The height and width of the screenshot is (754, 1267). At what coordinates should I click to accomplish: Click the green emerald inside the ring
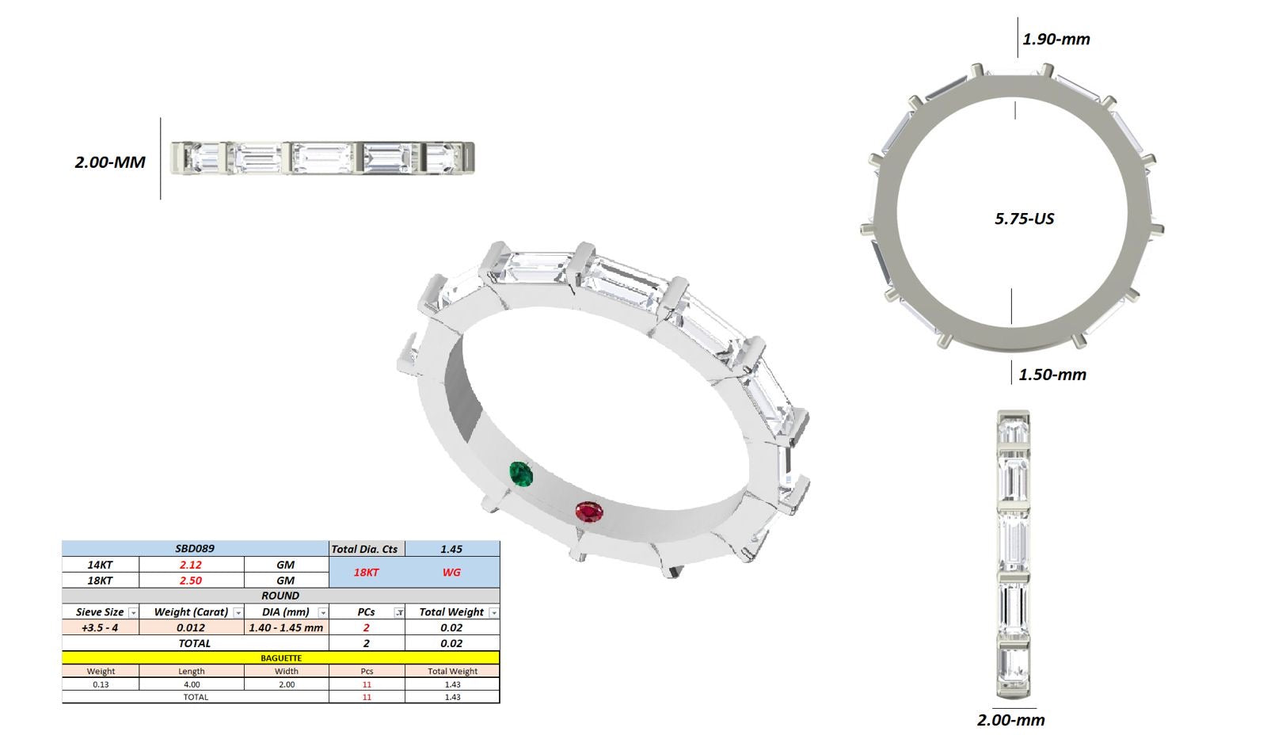click(521, 474)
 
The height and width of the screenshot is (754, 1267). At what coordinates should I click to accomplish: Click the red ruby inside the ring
click(589, 512)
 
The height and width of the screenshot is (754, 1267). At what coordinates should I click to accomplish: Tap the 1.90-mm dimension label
click(1056, 39)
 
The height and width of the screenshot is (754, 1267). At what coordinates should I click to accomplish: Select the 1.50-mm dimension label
click(1052, 375)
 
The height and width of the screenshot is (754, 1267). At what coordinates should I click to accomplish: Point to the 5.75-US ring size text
click(1025, 219)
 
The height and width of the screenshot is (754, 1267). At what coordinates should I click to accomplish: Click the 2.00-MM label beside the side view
click(110, 162)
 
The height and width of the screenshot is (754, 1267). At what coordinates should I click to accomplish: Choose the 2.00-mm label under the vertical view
click(1010, 720)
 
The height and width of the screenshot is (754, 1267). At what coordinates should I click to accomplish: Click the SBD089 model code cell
click(195, 549)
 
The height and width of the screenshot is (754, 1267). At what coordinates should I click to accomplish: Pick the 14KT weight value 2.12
click(191, 565)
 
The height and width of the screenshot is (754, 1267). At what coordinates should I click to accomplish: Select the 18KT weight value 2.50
click(191, 581)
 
